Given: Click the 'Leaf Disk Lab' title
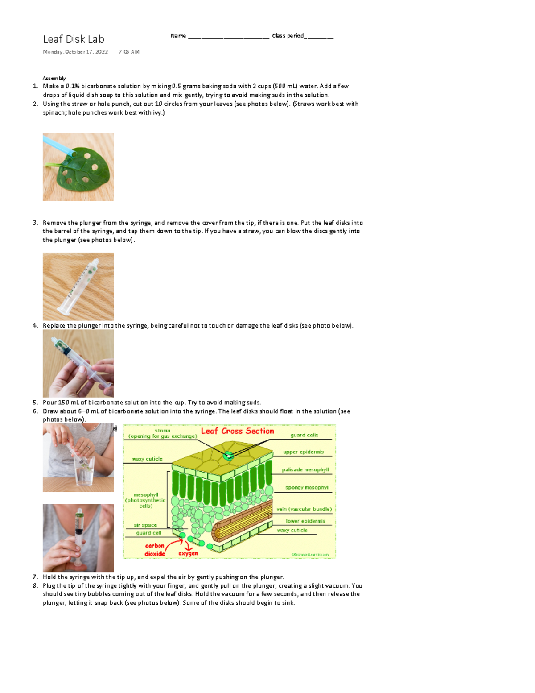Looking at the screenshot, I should click(74, 39).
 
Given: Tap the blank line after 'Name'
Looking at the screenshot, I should click(228, 37).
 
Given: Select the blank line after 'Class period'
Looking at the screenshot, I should click(319, 37).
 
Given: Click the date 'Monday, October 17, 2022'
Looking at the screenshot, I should click(75, 52).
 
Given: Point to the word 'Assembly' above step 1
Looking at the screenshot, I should click(54, 78).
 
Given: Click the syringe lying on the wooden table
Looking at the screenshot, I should click(80, 286).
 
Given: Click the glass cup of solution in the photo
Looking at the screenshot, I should click(84, 473).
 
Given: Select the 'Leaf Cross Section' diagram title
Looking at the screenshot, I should click(237, 431).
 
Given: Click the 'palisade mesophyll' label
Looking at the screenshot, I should click(305, 469).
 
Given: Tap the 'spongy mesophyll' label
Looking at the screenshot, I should click(307, 487).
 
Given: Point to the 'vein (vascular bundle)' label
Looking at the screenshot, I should click(304, 509).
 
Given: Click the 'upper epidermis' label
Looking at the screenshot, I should click(303, 452).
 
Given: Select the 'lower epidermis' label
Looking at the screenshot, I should click(305, 521).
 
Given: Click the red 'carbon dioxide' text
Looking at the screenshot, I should click(155, 550).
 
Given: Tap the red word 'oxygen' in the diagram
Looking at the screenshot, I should click(188, 553).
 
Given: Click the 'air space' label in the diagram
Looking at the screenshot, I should click(145, 525).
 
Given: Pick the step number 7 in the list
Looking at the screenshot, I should click(35, 577).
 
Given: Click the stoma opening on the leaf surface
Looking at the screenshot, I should click(228, 456).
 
